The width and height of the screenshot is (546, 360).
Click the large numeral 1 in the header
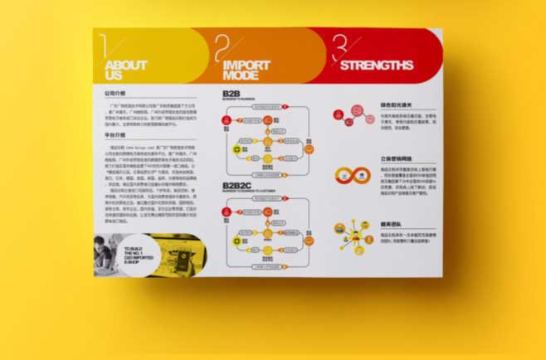[x=102, y=47]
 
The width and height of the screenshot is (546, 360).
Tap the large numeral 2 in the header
[x=220, y=48]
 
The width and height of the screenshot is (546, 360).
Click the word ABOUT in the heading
[x=126, y=65]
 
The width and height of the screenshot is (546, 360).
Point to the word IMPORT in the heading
[x=246, y=64]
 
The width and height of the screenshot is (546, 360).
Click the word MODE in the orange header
[x=240, y=75]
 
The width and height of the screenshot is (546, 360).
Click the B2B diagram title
[x=231, y=95]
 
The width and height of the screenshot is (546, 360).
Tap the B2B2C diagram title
[x=238, y=186]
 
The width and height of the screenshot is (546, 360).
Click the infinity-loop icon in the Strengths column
[x=349, y=175]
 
